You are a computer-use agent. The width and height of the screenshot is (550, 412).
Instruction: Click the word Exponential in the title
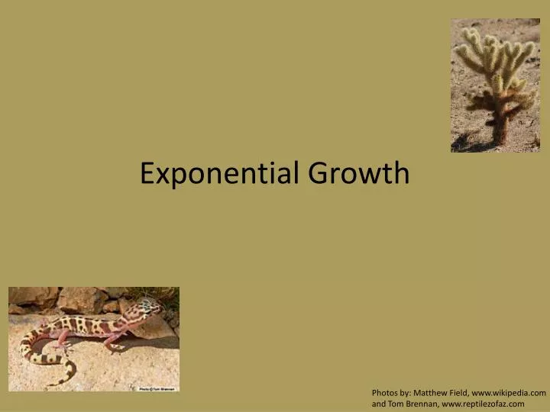click(x=221, y=174)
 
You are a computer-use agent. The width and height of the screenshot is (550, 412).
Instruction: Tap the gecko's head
click(x=150, y=309)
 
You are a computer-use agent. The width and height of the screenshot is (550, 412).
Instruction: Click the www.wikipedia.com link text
click(x=510, y=393)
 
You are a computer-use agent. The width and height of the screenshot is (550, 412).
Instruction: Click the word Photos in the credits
click(x=385, y=393)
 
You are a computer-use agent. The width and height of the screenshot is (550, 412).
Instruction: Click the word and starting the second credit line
click(x=379, y=404)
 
